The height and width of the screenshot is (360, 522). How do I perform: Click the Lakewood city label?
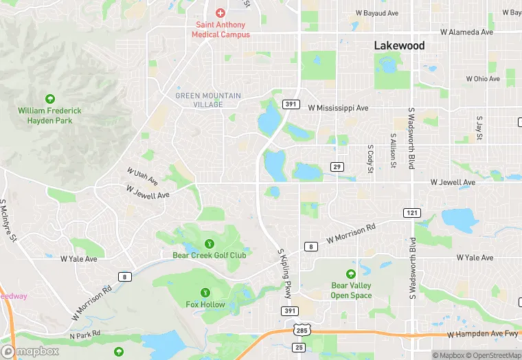pos(399,45)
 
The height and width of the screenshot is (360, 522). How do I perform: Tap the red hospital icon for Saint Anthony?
pos(220,13)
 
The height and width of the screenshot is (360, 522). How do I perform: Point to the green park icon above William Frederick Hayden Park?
pos(49,100)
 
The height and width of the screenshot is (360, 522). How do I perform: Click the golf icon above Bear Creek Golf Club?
pos(209,244)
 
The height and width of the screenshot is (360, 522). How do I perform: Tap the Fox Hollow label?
pos(205,304)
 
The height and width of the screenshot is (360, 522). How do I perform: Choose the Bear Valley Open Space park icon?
pos(351,274)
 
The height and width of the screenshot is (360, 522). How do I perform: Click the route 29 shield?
pos(337,167)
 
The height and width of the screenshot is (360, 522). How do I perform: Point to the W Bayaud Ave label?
pos(376,13)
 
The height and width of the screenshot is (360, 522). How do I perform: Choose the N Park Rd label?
pos(85,335)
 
